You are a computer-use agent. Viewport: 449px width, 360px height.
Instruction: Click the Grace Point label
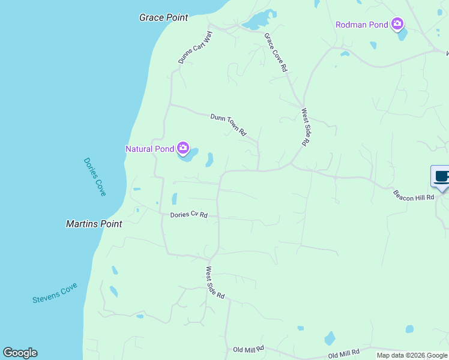tap(163, 17)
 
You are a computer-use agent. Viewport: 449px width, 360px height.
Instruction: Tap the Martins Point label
tap(94, 224)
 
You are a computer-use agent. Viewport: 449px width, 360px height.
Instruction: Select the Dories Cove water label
tap(95, 176)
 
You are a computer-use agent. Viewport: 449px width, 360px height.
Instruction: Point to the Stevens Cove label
tap(55, 293)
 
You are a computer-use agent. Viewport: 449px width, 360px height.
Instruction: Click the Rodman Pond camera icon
tap(397, 24)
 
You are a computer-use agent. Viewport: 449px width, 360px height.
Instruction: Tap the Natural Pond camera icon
tap(182, 148)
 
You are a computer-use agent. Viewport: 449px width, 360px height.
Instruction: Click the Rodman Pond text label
tap(361, 25)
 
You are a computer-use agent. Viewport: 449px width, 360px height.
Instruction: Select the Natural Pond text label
tap(149, 149)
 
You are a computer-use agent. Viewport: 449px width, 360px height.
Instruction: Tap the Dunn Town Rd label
tap(229, 124)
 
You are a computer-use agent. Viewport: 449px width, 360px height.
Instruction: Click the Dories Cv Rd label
tap(188, 214)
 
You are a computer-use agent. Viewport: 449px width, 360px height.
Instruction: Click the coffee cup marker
tap(441, 177)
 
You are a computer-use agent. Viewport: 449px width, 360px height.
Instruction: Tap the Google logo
tap(20, 353)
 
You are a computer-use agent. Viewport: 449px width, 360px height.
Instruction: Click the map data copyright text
tap(412, 355)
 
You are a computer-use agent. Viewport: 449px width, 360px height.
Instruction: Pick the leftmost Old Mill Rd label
tap(249, 349)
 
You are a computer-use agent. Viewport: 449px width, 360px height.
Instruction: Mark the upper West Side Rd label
tap(305, 127)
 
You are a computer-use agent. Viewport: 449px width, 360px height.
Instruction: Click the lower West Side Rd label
tap(215, 283)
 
